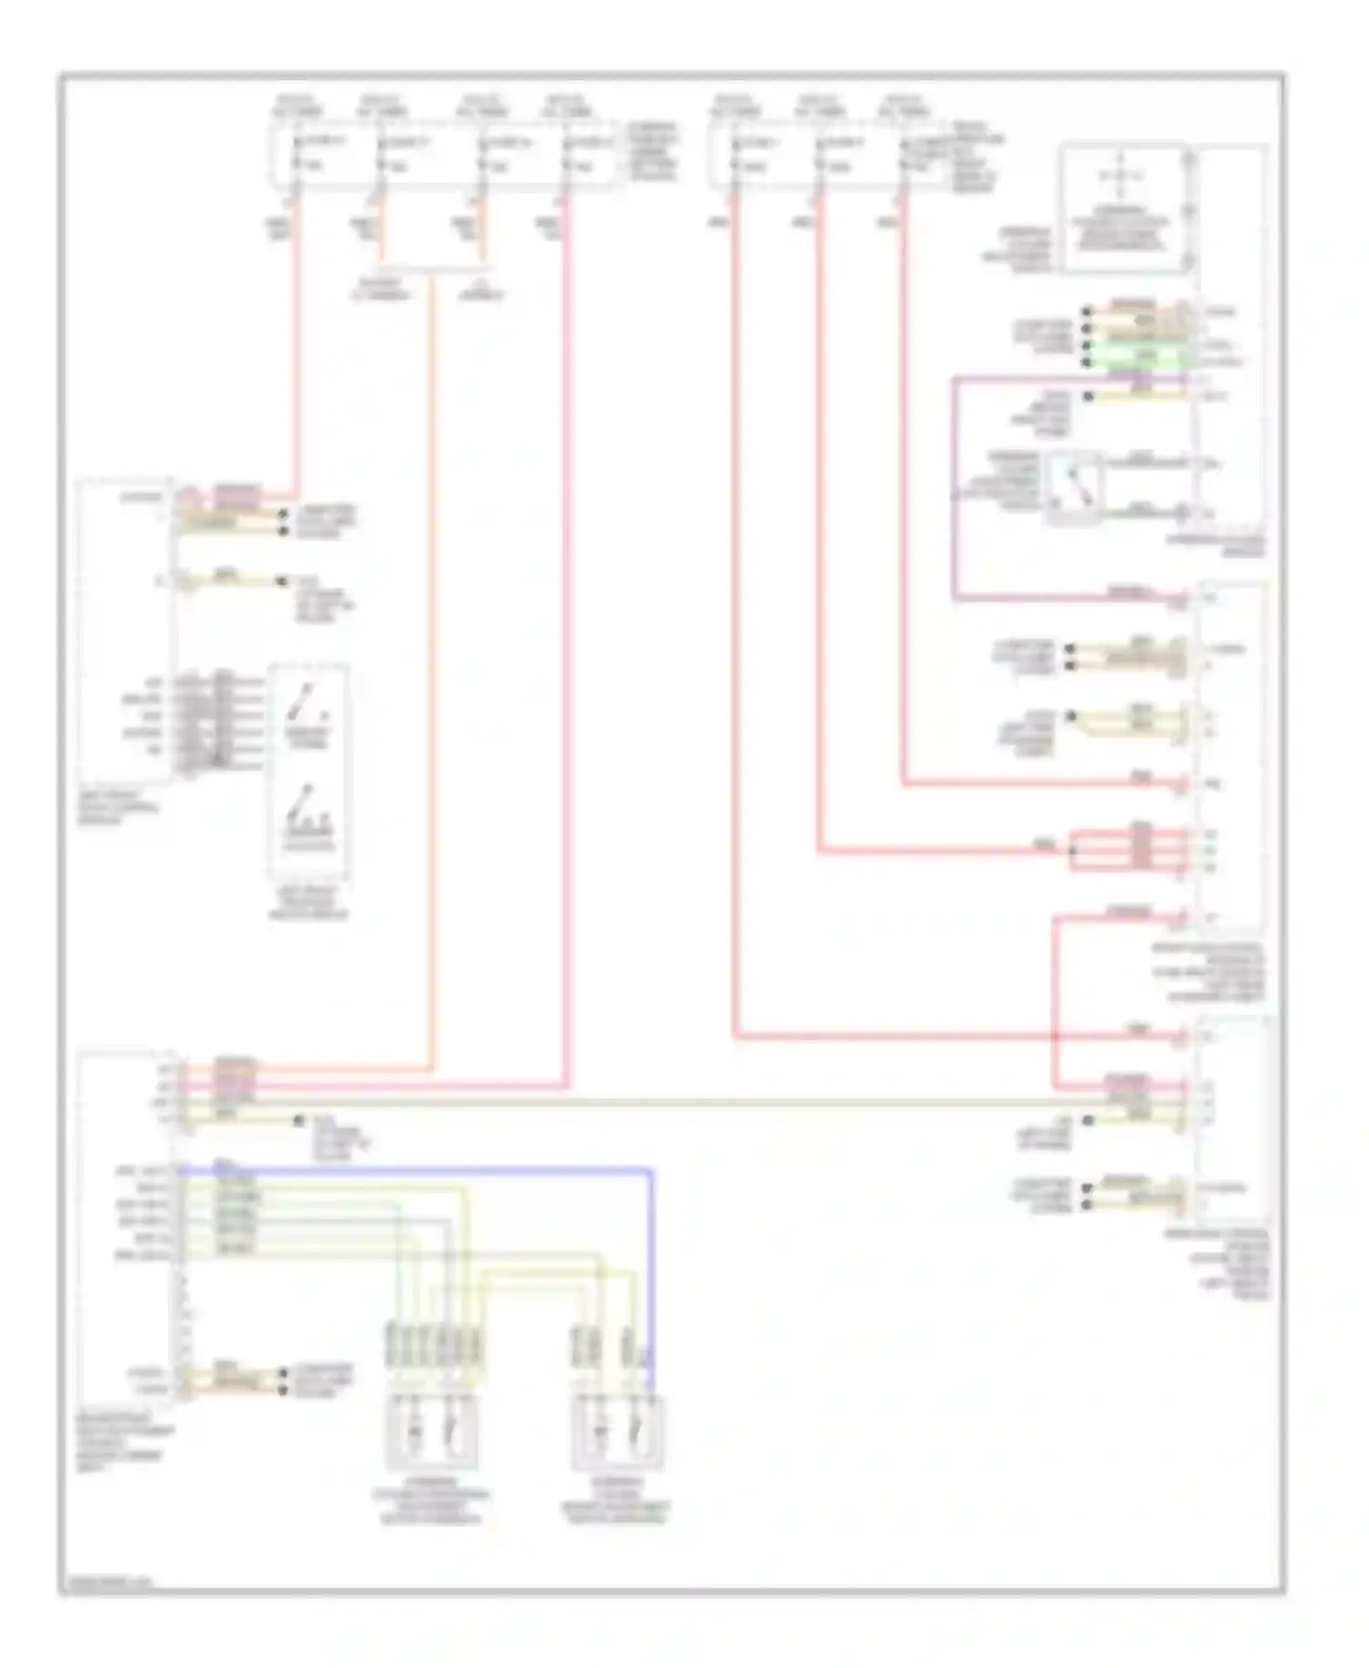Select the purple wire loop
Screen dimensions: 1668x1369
tap(955, 493)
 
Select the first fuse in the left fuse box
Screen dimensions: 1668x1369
tap(297, 153)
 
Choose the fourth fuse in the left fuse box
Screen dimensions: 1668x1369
tap(567, 153)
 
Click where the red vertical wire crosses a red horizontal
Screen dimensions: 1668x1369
tap(1054, 1037)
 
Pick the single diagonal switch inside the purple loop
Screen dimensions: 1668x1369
tap(1073, 489)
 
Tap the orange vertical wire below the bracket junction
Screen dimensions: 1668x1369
tap(432, 639)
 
